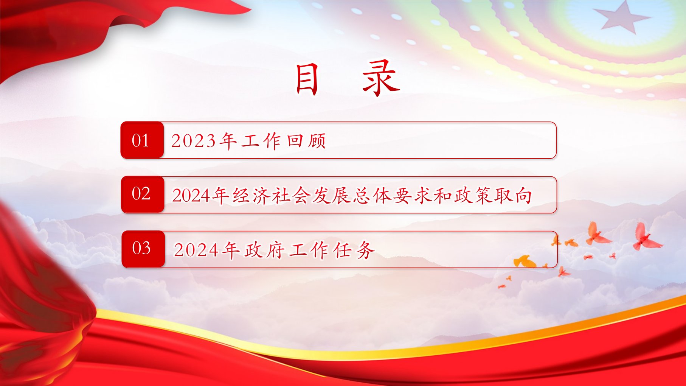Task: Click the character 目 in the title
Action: [x=307, y=79]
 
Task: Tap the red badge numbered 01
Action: [x=142, y=140]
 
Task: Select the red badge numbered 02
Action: [x=143, y=195]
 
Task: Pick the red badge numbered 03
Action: [x=143, y=249]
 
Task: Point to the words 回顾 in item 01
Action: [x=306, y=141]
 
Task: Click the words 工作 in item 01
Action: [x=261, y=141]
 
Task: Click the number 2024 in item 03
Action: [x=196, y=250]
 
